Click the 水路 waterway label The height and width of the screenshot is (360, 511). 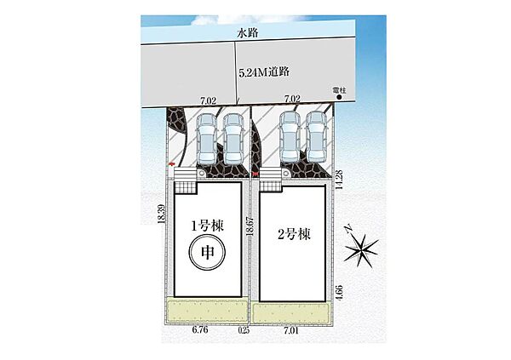coord(248,33)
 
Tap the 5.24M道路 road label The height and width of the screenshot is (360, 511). coord(264,72)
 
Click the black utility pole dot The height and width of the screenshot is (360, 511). coord(339,97)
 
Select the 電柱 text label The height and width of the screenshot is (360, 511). coord(339,90)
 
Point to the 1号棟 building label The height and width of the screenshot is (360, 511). coord(207,226)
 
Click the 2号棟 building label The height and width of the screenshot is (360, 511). coord(294,234)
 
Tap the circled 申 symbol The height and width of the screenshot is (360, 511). coord(207,252)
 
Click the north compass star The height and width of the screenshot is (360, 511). coord(361,249)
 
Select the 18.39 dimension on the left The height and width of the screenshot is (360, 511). coord(161,214)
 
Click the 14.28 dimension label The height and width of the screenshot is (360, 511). coord(339,180)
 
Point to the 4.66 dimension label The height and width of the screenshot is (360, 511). coord(339,293)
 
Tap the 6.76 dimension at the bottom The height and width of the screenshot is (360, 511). coord(200,329)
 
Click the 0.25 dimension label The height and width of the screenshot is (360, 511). coord(244,330)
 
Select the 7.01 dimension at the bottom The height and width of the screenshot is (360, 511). coord(291,331)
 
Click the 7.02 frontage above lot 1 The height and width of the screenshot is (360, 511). coord(208,100)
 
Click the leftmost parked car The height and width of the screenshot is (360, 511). coord(206,139)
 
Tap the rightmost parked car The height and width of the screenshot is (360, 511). coord(316,137)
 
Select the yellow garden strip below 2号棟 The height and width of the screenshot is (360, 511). coord(292,314)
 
